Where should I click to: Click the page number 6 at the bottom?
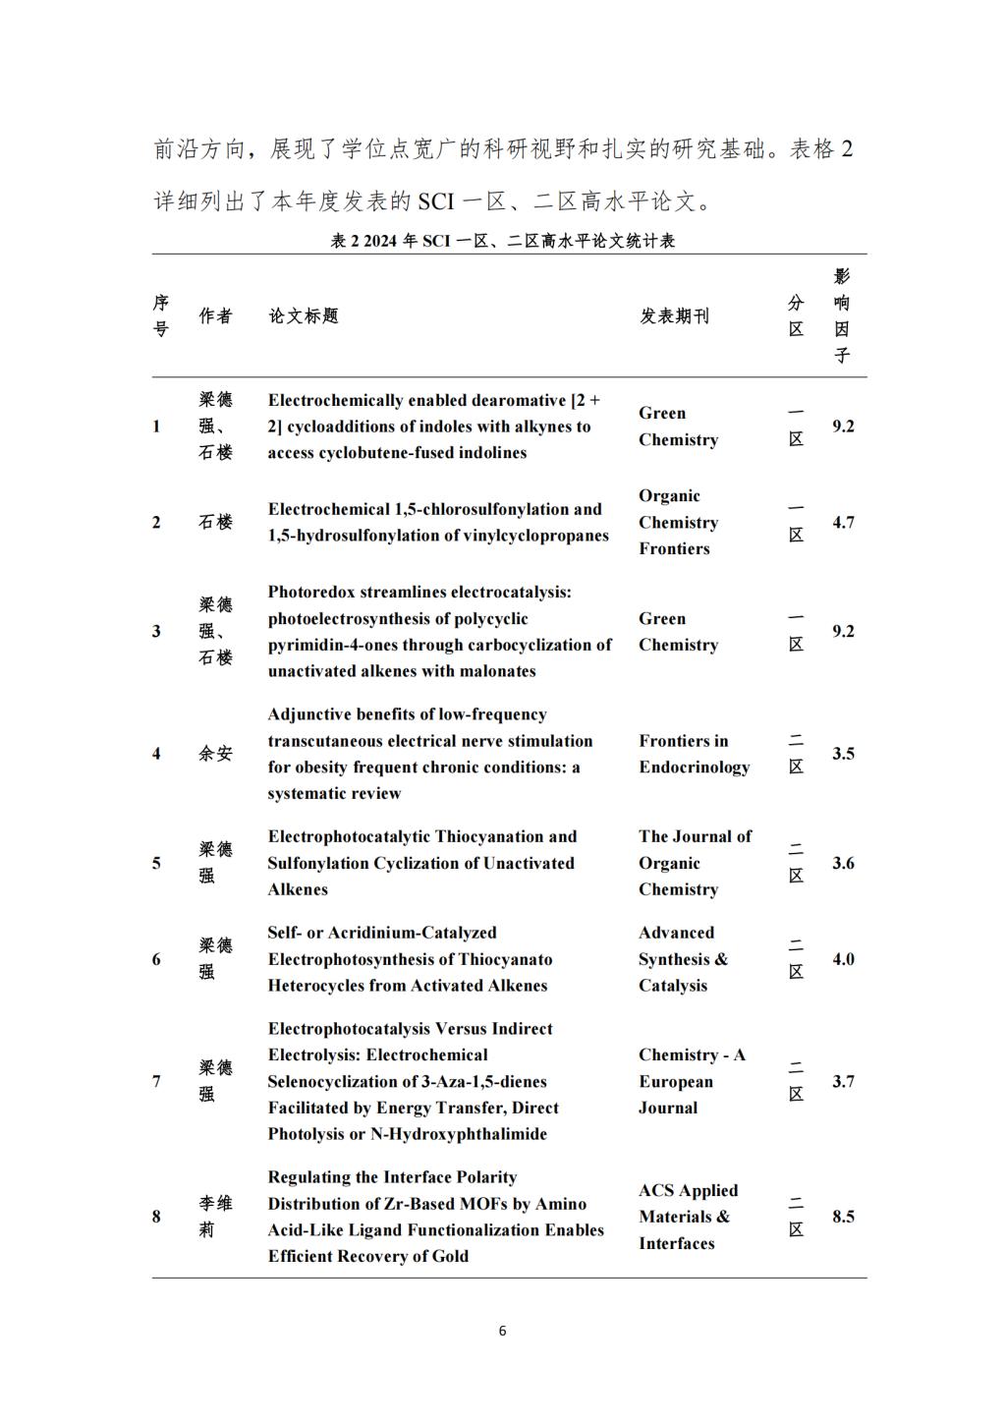[502, 1332]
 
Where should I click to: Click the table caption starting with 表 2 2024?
[502, 241]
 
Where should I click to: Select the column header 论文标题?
[304, 315]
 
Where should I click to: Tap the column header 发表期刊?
[674, 315]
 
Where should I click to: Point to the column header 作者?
[215, 315]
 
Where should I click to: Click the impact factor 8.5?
[843, 1217]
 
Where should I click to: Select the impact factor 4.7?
[843, 523]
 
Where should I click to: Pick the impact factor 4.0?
[843, 959]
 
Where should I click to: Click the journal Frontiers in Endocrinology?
[694, 754]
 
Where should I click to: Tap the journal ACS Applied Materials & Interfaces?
[687, 1217]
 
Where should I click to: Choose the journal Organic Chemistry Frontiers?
[678, 523]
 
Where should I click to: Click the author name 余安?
[215, 754]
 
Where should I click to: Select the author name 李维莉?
[215, 1217]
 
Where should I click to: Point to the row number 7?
[156, 1081]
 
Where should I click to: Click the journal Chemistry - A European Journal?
[691, 1081]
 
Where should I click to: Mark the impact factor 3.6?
[843, 864]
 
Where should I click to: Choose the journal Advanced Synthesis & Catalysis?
[683, 959]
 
